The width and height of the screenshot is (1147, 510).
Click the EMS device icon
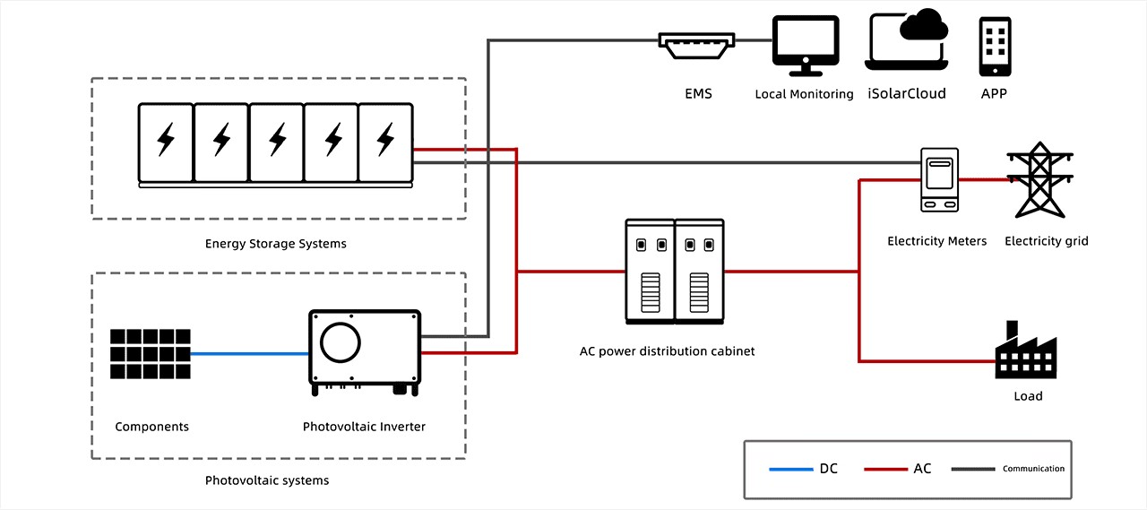(x=697, y=46)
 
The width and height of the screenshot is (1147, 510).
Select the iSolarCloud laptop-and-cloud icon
(x=907, y=40)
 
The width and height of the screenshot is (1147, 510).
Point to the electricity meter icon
(x=940, y=180)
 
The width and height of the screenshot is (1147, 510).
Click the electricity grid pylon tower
(x=1039, y=180)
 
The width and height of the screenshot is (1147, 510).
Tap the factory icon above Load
(x=1026, y=351)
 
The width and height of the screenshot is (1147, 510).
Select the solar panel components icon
(x=151, y=354)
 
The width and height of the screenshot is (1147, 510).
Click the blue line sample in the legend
(x=790, y=469)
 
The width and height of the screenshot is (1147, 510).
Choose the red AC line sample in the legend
(x=884, y=469)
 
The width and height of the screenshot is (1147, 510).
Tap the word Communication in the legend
(x=1033, y=469)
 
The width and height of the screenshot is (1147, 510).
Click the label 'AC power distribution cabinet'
(x=667, y=351)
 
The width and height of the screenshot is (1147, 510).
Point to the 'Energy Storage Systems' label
(x=275, y=244)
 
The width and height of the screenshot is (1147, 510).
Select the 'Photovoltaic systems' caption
(x=267, y=480)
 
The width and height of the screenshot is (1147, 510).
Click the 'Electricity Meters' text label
(x=936, y=241)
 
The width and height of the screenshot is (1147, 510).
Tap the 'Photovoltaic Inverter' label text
(x=364, y=427)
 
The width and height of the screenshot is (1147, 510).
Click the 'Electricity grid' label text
(x=1046, y=241)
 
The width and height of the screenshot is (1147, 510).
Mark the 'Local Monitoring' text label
(x=804, y=94)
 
